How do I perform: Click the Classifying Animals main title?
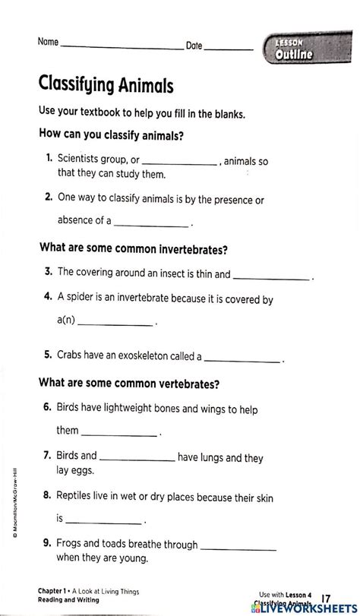tap(106, 83)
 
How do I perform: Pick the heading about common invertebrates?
tap(133, 249)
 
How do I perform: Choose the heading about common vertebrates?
tap(128, 384)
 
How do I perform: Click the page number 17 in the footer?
tap(326, 599)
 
